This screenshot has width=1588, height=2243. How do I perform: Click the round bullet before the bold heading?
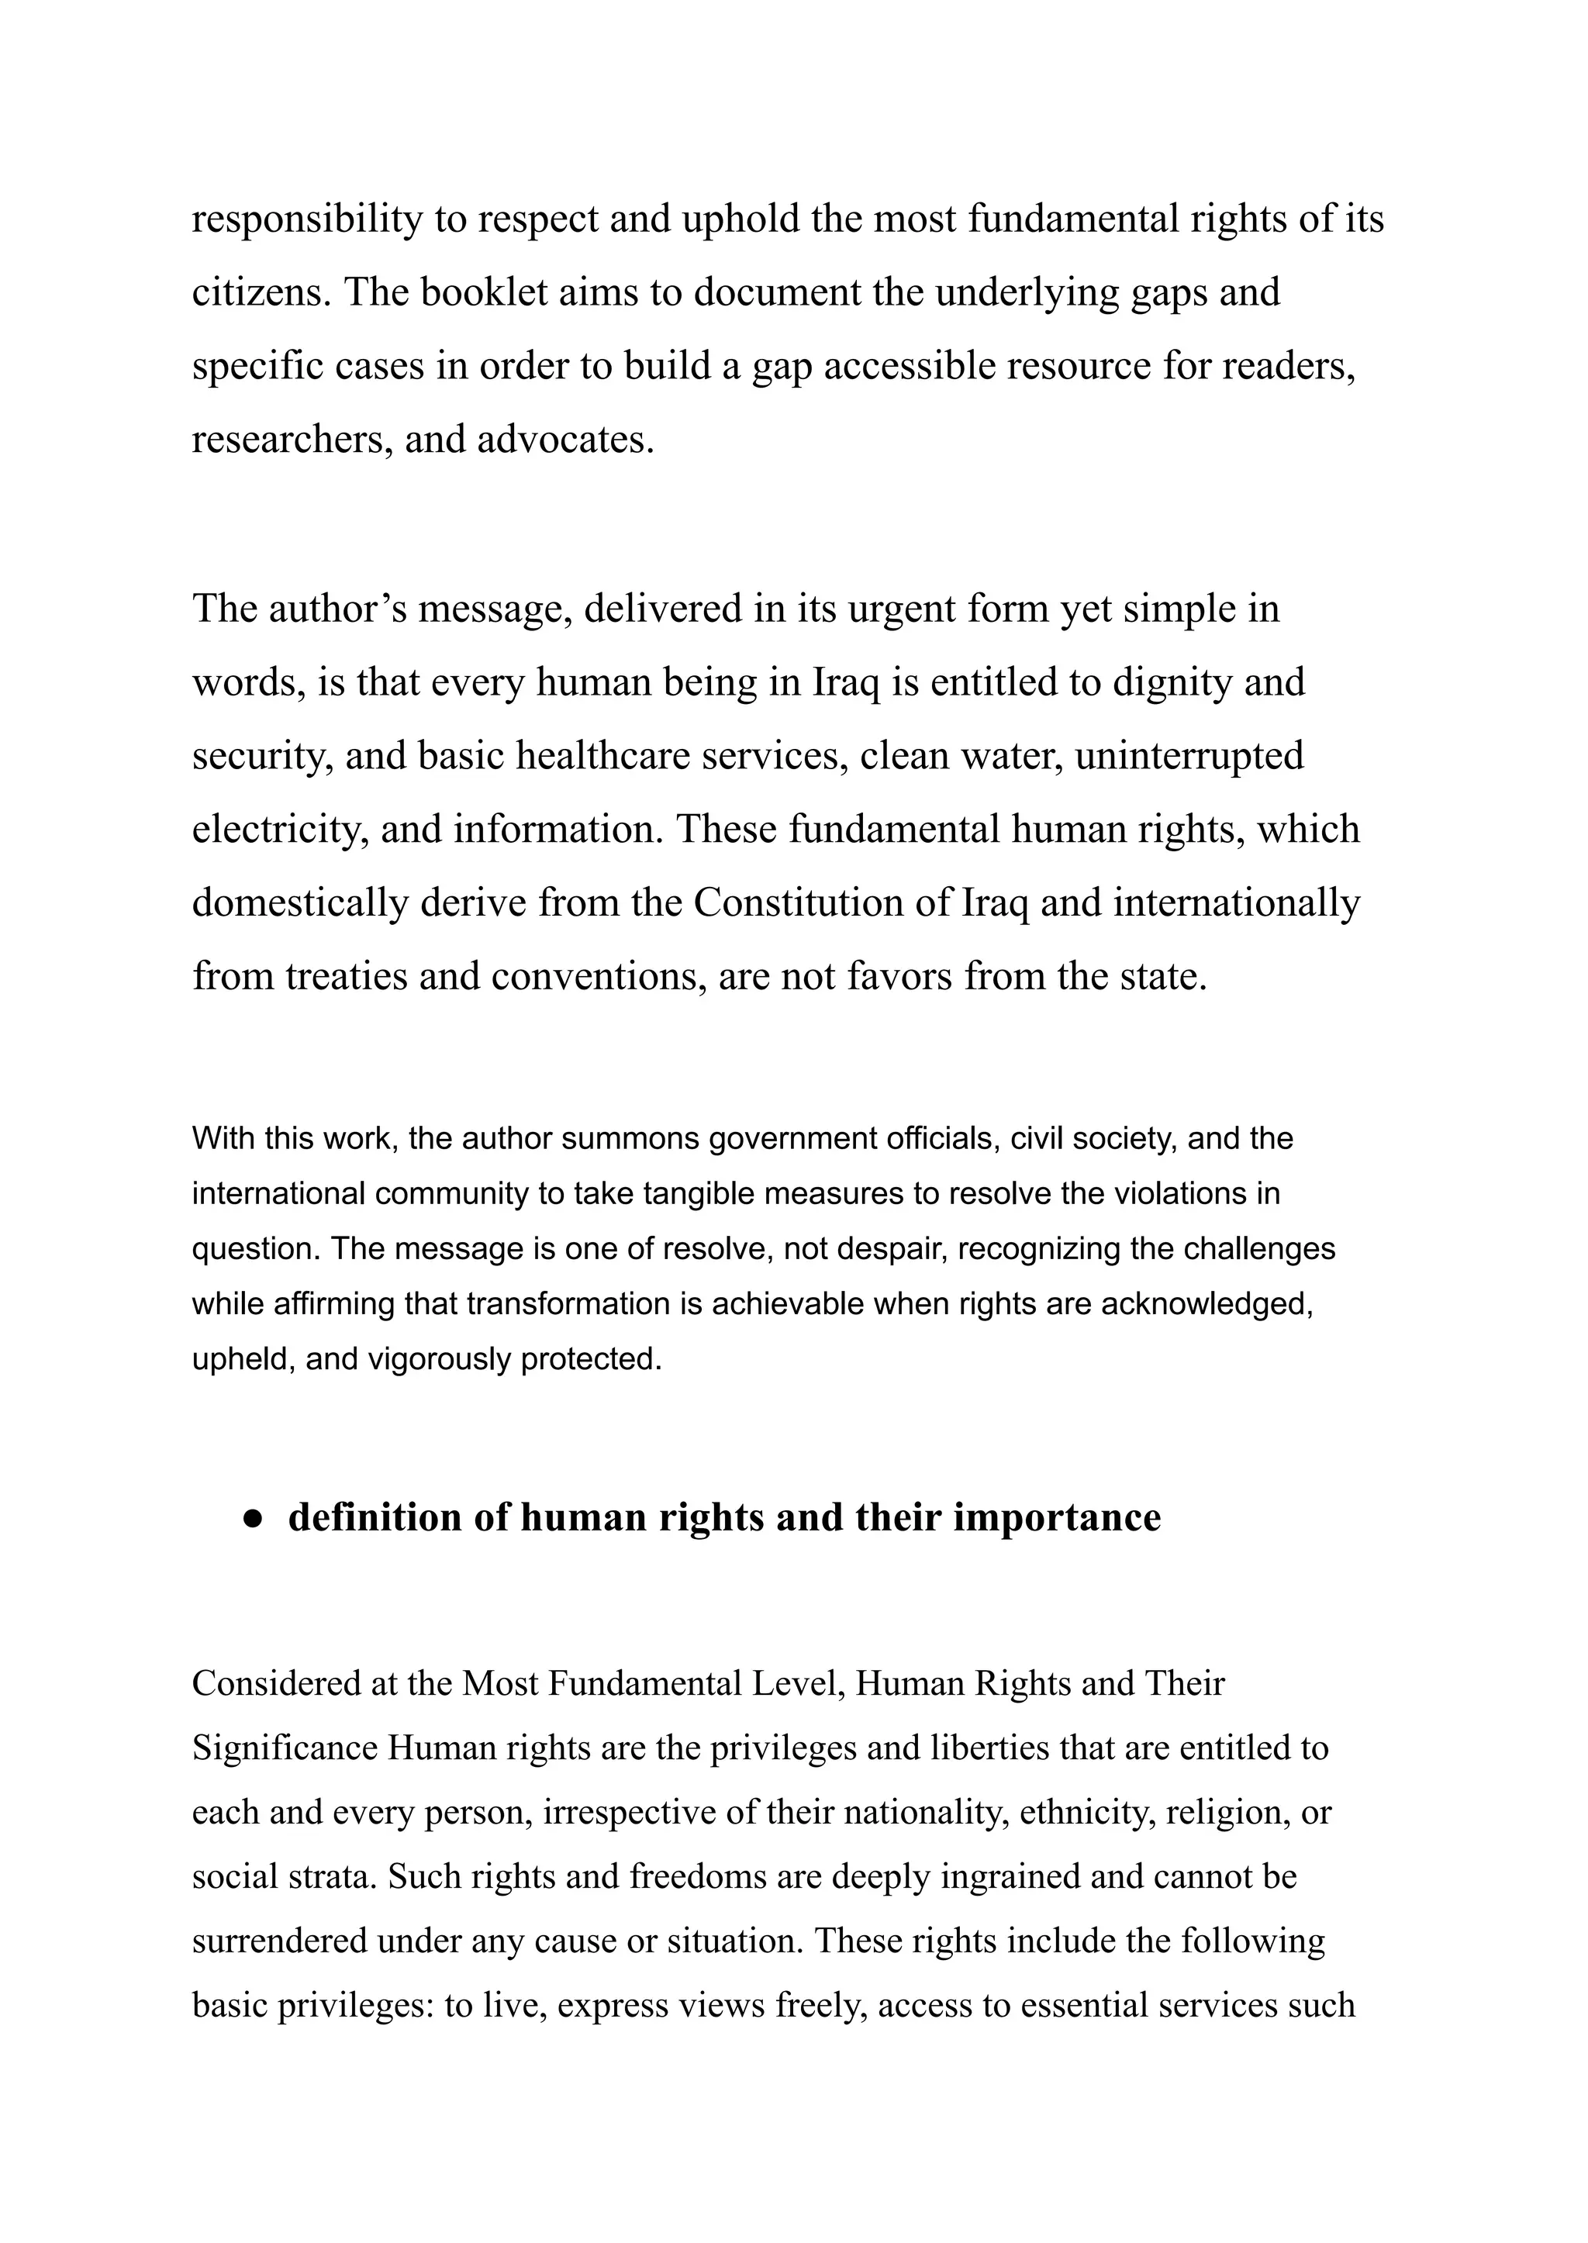click(x=254, y=1517)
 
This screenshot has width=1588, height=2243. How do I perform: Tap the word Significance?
click(x=285, y=1748)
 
